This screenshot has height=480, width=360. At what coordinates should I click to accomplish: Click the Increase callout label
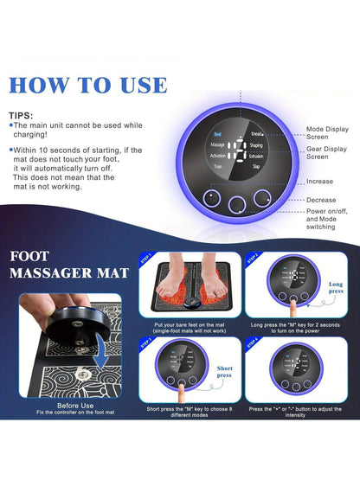(x=319, y=182)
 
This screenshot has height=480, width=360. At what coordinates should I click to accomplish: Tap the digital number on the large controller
(x=236, y=152)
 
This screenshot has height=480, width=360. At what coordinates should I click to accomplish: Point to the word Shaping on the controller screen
(x=257, y=144)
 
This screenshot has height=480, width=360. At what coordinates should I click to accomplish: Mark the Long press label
(x=336, y=287)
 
